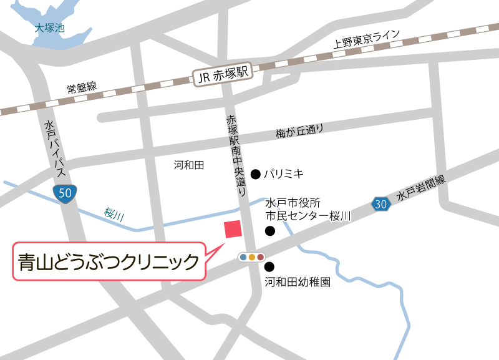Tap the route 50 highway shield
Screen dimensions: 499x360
point(66,193)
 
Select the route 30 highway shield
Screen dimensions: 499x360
point(382,203)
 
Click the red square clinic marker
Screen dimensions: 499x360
point(233,229)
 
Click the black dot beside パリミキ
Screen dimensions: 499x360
point(255,173)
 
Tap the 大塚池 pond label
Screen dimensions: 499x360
point(50,28)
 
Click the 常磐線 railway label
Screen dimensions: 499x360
point(82,88)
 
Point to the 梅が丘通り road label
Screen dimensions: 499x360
point(300,132)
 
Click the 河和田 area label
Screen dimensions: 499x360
point(189,165)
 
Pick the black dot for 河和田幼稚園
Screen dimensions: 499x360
point(269,266)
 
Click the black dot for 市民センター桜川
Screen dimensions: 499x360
point(270,231)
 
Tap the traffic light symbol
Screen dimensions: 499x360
point(252,257)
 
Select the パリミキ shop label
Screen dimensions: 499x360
point(284,173)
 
